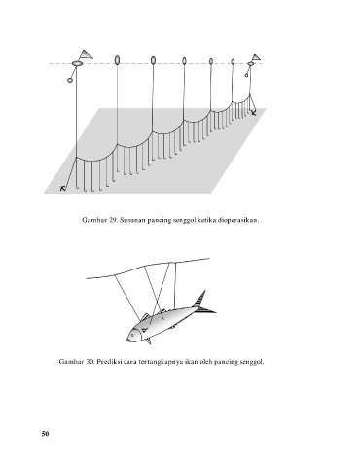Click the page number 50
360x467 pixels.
45,434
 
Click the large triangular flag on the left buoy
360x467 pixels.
86,55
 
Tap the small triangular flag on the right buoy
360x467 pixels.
256,57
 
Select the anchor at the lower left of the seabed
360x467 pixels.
63,188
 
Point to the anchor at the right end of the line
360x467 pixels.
253,113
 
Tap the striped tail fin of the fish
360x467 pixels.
202,304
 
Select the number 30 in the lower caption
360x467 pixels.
90,361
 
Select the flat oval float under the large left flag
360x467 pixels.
77,64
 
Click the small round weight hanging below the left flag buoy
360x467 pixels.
70,80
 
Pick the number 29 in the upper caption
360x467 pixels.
113,220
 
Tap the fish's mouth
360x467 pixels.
127,340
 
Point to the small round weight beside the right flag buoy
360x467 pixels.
246,76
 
